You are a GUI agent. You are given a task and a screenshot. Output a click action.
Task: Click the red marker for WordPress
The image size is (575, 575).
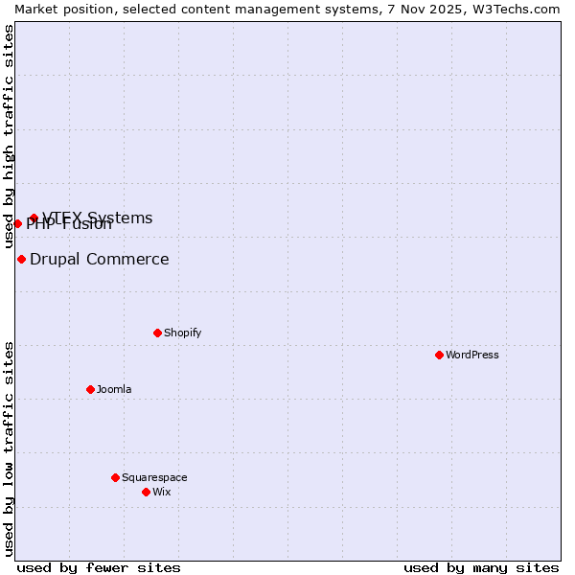point(439,355)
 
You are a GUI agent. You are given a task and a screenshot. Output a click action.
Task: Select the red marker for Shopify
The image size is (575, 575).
point(157,333)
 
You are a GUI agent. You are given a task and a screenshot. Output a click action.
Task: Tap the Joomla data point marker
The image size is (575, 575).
point(90,389)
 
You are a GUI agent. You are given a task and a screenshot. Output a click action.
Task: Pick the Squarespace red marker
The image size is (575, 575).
point(115,477)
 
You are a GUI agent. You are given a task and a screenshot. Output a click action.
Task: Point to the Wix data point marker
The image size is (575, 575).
point(146,492)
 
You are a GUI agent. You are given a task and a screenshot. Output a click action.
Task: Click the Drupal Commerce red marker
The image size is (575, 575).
point(21,259)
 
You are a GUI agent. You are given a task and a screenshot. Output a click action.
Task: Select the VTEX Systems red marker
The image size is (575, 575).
point(34,218)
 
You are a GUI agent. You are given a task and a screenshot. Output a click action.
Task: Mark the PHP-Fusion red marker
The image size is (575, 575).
point(17,223)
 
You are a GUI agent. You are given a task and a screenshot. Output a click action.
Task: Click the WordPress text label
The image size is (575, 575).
point(472,355)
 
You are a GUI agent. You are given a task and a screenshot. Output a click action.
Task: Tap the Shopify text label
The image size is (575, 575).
point(182,333)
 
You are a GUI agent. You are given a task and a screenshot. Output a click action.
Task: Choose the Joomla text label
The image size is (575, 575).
point(114,389)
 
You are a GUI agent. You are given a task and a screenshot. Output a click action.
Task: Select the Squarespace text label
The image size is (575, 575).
point(154,477)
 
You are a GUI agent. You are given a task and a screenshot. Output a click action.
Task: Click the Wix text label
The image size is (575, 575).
point(162,492)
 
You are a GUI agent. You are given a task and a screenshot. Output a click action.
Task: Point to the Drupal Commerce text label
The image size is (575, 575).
point(100,259)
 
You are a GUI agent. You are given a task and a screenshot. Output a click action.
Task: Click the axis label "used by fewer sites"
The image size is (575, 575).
point(99,567)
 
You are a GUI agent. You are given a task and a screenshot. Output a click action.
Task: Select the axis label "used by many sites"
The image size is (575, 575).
point(481,567)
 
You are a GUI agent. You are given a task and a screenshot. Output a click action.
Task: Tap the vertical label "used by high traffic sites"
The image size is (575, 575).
point(9,136)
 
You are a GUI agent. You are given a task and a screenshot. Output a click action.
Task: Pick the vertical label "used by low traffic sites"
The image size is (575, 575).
point(9,448)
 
